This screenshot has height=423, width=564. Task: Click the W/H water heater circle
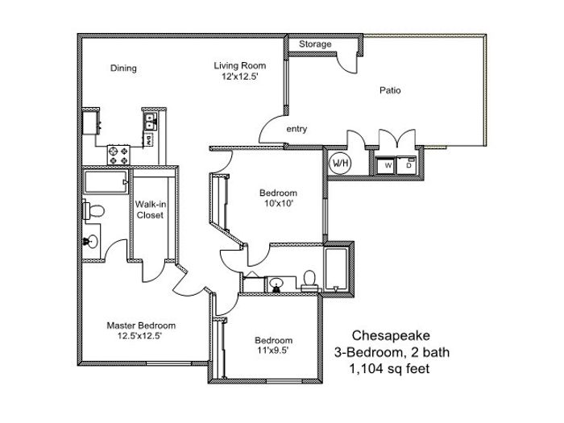pyautogui.click(x=340, y=164)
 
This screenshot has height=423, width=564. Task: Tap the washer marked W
pyautogui.click(x=386, y=165)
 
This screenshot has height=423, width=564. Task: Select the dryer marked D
pyautogui.click(x=407, y=165)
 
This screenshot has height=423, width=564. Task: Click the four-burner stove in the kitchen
pyautogui.click(x=118, y=155)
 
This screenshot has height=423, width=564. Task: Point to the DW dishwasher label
pyautogui.click(x=147, y=139)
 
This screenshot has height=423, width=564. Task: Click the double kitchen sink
pyautogui.click(x=150, y=121)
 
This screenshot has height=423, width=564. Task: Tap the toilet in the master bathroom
pyautogui.click(x=93, y=211)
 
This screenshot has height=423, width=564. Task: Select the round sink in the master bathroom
pyautogui.click(x=90, y=242)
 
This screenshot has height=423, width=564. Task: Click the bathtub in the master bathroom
pyautogui.click(x=106, y=181)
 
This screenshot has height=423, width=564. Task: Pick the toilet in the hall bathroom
pyautogui.click(x=309, y=281)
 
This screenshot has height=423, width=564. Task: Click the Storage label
pyautogui.click(x=315, y=44)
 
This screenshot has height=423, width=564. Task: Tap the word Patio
pyautogui.click(x=390, y=90)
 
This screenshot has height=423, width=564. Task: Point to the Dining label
pyautogui.click(x=123, y=68)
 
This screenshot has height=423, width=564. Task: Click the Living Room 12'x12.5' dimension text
pyautogui.click(x=240, y=77)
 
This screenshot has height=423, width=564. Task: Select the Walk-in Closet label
pyautogui.click(x=151, y=209)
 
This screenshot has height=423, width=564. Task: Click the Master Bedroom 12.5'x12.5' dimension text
pyautogui.click(x=139, y=336)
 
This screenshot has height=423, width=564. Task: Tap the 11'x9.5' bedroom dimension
pyautogui.click(x=273, y=350)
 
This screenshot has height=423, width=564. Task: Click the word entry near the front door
pyautogui.click(x=297, y=129)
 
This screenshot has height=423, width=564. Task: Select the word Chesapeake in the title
pyautogui.click(x=391, y=336)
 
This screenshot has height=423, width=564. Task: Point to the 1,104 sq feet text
pyautogui.click(x=390, y=369)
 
